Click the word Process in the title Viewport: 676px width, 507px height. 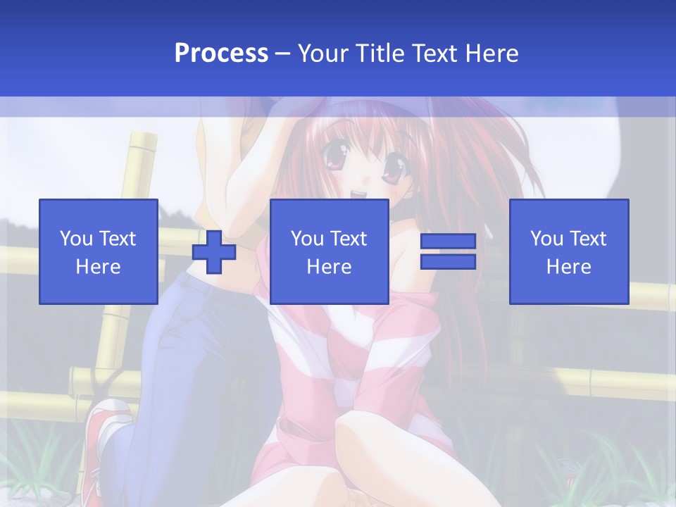tap(221, 54)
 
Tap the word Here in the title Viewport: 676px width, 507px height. tap(492, 54)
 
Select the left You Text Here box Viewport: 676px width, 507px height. tap(99, 251)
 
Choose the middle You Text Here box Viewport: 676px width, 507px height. tap(329, 251)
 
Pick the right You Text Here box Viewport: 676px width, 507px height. tap(568, 251)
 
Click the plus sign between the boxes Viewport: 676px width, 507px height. tap(214, 252)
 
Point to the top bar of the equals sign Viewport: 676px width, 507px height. tap(448, 242)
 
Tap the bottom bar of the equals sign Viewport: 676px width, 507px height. tap(448, 262)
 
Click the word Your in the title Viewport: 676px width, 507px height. tap(323, 54)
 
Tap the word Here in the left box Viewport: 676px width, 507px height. tap(99, 267)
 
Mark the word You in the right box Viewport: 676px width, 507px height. tap(546, 239)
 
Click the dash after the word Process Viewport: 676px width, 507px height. tap(282, 54)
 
